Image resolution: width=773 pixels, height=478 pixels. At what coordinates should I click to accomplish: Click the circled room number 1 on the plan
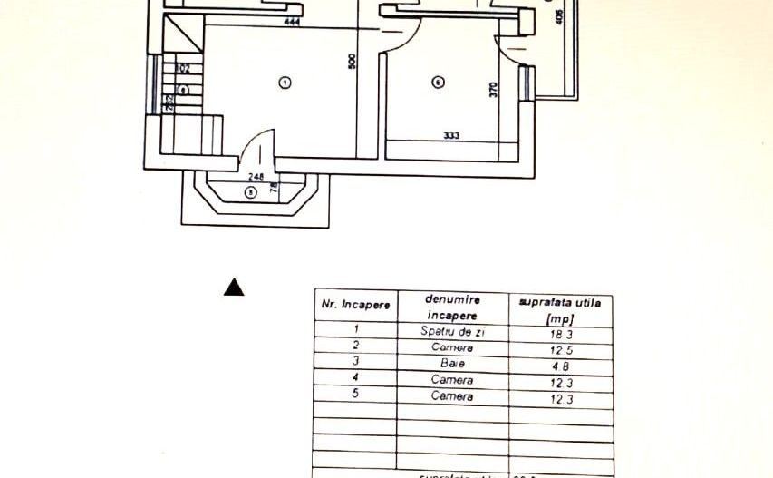pos(285,83)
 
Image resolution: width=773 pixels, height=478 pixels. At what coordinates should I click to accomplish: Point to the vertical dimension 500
pos(353,61)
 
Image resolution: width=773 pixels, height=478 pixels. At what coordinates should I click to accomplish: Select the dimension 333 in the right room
pos(451,136)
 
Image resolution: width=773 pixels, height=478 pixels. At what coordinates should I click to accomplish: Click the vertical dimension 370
pos(494,90)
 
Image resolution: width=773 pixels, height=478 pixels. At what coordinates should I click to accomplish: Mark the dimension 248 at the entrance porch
pos(256,178)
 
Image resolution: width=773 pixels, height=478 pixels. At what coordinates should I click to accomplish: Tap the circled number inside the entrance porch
pos(251,191)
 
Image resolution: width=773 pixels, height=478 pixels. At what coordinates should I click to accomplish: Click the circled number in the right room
pos(438,83)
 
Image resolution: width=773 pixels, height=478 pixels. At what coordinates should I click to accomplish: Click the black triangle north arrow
pos(235,288)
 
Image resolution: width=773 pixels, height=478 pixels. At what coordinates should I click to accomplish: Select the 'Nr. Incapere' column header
pos(355,305)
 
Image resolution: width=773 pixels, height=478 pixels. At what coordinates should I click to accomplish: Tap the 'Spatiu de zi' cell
pos(453,332)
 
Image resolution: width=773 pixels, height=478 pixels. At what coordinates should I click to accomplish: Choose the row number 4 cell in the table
pos(356,377)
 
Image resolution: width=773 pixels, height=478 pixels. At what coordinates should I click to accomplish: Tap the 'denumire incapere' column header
pos(452,307)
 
